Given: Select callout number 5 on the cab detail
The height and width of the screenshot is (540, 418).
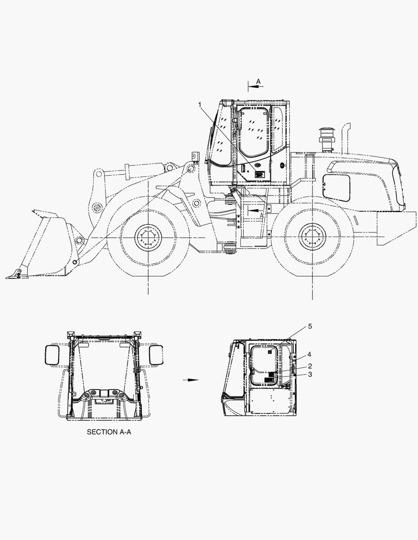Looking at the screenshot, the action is click(310, 326).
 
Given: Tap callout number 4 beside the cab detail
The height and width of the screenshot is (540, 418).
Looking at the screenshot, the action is click(309, 354).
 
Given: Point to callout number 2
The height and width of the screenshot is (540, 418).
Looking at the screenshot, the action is click(310, 366).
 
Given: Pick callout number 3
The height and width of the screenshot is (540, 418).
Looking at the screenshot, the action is click(310, 374).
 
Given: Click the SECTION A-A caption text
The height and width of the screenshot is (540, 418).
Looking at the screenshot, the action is click(109, 432).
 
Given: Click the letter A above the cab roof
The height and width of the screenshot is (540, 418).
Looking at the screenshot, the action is click(258, 81).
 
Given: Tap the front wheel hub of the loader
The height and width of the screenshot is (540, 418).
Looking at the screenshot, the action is click(148, 237).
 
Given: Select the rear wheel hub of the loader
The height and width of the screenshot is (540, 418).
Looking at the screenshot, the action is click(312, 237).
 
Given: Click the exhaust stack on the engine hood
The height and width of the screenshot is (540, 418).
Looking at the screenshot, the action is click(346, 138).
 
